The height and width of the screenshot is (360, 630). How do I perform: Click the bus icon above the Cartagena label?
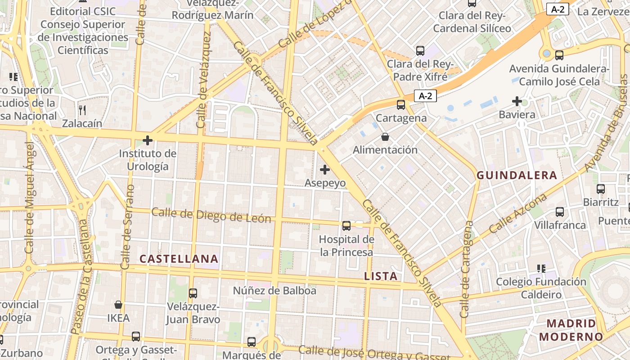pos(400,105)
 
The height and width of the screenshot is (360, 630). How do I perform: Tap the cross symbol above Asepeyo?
pos(324,170)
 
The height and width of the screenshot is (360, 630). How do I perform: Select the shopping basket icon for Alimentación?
pos(385,136)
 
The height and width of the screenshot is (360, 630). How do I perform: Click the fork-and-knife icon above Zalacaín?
pos(82,110)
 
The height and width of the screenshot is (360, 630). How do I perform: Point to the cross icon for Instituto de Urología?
pos(147,140)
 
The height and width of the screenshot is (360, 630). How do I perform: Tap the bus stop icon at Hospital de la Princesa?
pos(346,226)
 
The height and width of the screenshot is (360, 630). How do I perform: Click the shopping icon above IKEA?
pos(118,305)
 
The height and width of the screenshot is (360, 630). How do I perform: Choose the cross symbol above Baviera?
pos(517,101)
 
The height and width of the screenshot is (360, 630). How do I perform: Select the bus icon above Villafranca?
pos(560,211)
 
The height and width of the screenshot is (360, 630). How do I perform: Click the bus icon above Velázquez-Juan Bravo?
pos(193,293)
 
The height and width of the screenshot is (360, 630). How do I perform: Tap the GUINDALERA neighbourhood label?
pos(517,175)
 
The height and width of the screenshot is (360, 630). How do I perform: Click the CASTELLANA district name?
pos(179,259)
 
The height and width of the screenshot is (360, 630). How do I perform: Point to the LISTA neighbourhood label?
pos(381,276)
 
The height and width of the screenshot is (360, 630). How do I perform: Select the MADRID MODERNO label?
pos(571,330)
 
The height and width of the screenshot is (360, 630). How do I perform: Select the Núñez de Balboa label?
pos(274,291)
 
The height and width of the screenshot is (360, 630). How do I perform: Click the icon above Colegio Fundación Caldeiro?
pos(541,269)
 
